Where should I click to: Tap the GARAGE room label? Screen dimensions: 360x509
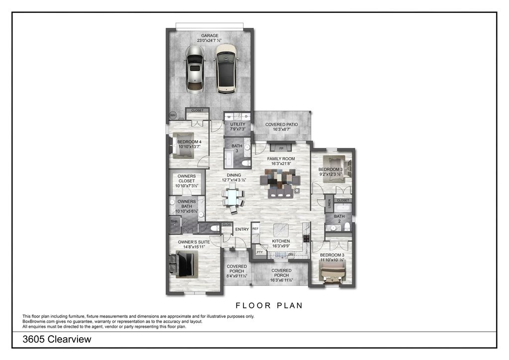(x=210, y=36)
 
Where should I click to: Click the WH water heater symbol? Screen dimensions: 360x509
(x=173, y=115)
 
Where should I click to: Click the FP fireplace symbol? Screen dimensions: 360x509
(x=281, y=148)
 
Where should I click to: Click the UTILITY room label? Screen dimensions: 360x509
(x=238, y=124)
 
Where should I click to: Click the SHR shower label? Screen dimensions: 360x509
(x=174, y=222)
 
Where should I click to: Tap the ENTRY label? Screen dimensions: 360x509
(x=242, y=229)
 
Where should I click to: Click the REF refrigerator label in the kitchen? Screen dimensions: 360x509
(x=255, y=229)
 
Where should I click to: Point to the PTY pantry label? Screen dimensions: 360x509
(x=259, y=252)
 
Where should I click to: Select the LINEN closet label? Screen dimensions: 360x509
(x=329, y=204)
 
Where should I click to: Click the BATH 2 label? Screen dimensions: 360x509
(x=339, y=219)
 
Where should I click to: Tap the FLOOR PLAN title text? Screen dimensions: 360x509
(x=269, y=306)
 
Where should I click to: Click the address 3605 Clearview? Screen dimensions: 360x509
(x=57, y=340)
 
